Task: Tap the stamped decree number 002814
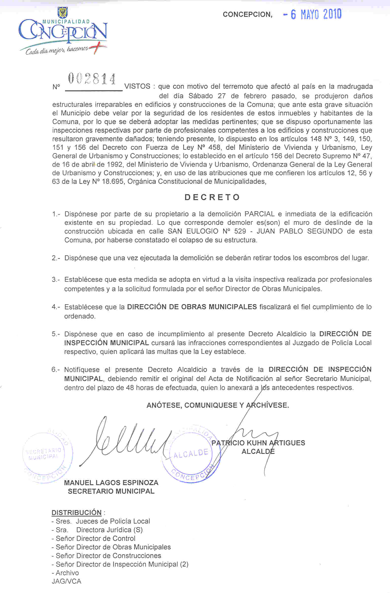coord(92,79)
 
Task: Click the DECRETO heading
coord(212,197)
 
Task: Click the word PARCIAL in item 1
coord(259,214)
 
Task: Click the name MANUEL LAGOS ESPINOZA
coord(111,483)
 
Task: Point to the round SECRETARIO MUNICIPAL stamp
coord(47,455)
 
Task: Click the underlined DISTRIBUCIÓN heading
coord(76,512)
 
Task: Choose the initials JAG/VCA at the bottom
coord(66,581)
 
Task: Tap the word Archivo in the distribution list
coord(67,573)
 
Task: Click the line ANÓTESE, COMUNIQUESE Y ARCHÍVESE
coord(218,405)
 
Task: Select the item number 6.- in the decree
coord(56,369)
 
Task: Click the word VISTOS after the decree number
coord(137,86)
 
